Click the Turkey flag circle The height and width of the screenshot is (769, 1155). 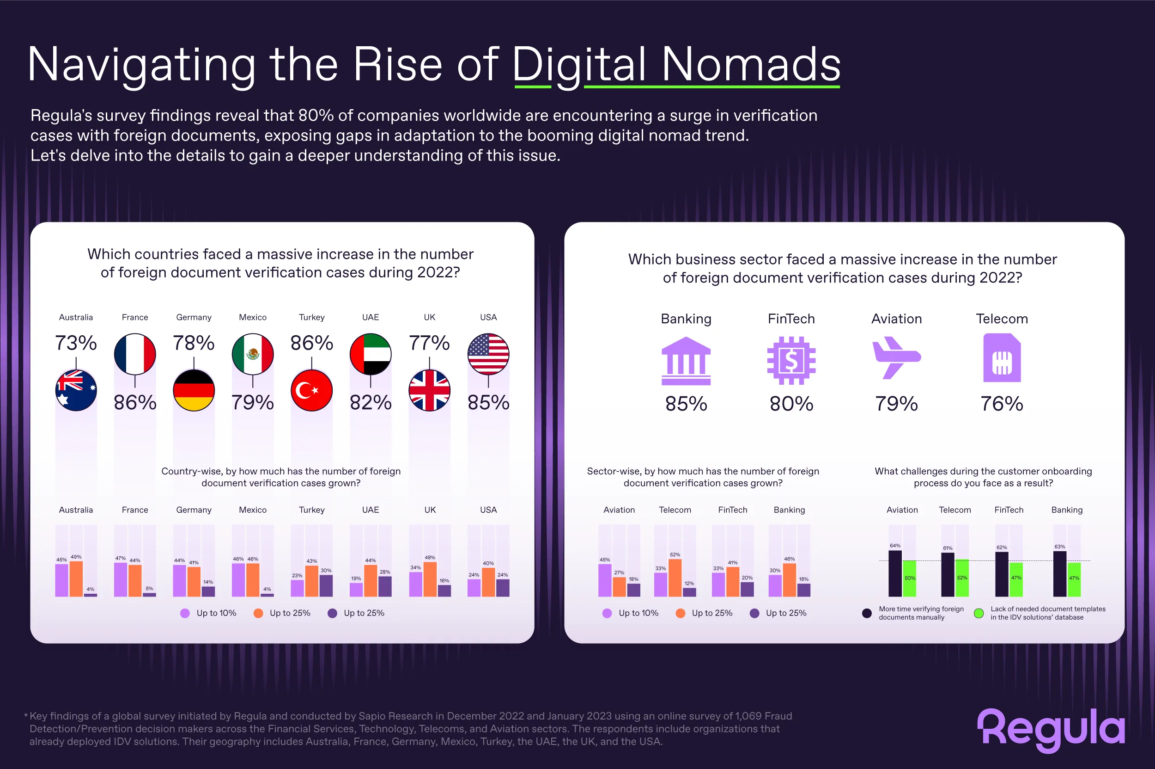[x=311, y=390]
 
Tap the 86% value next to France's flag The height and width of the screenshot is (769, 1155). [x=135, y=402]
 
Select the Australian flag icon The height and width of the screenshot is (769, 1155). [x=76, y=390]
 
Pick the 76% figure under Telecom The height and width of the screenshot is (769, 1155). [x=1001, y=404]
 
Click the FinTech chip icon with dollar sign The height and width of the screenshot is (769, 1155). [x=791, y=361]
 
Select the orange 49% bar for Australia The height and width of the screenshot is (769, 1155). [x=76, y=578]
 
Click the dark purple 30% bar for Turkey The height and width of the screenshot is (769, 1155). [x=326, y=585]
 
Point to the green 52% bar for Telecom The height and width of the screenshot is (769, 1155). [x=961, y=578]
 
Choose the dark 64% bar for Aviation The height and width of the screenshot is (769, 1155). [x=895, y=573]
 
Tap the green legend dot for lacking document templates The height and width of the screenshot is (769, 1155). [x=978, y=613]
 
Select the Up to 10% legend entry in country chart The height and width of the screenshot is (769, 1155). [x=208, y=613]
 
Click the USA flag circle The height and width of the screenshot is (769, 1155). [x=488, y=354]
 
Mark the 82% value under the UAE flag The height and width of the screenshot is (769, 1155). [x=371, y=402]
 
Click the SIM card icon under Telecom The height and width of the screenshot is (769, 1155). [x=1001, y=358]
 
